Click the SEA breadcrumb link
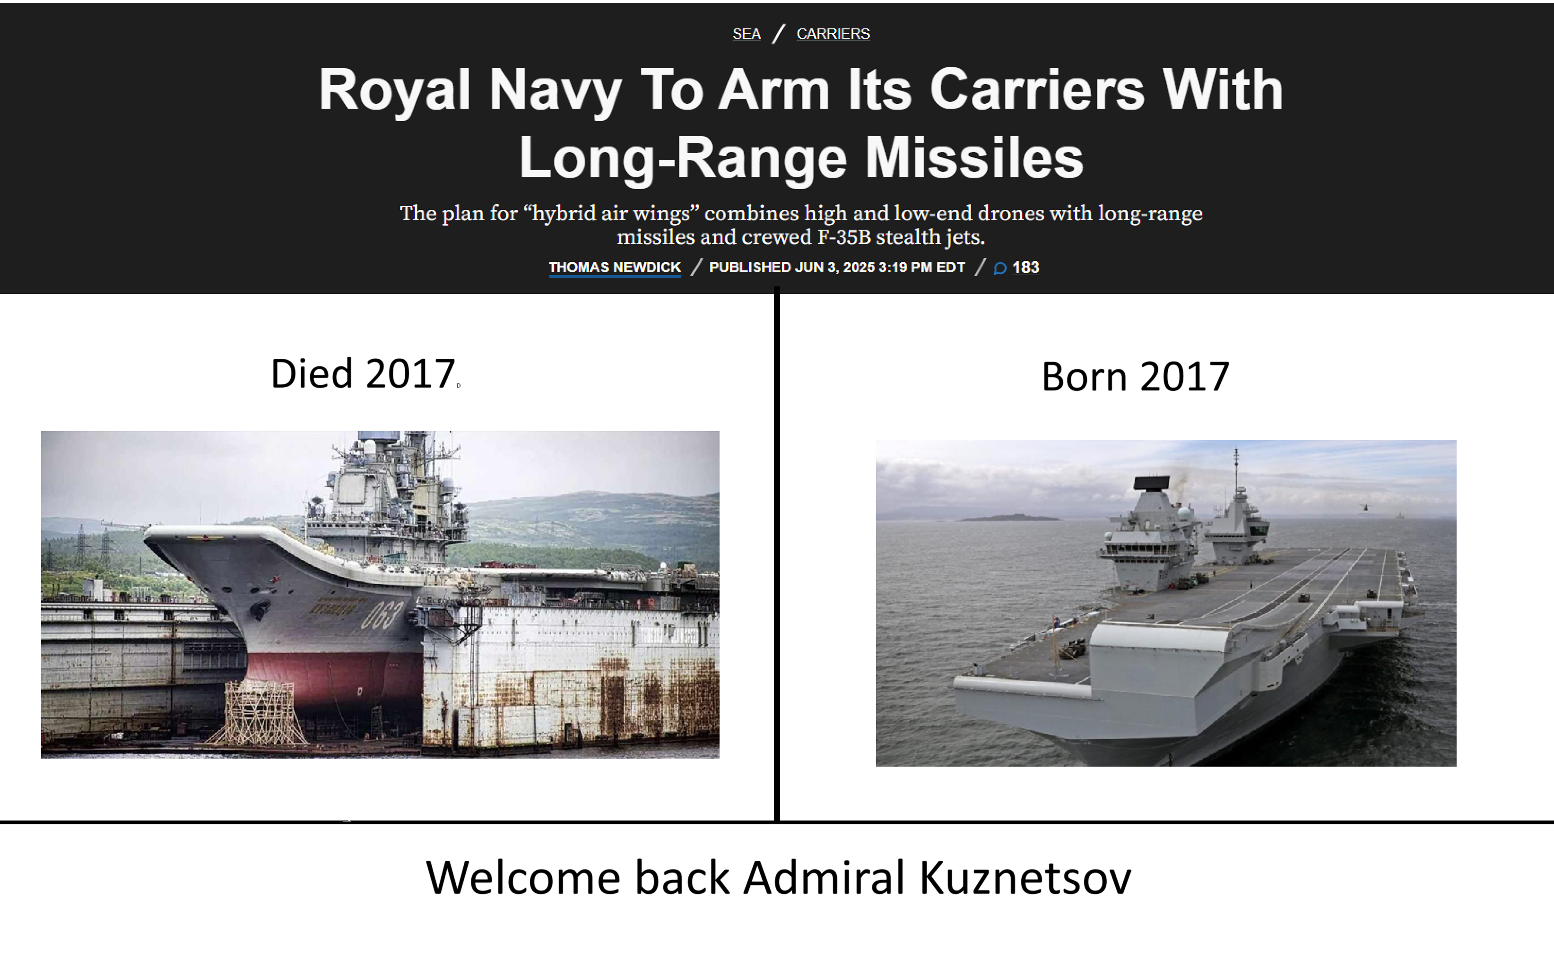(x=747, y=34)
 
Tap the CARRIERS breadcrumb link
(x=833, y=34)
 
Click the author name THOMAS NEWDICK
(x=615, y=267)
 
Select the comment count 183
(x=1025, y=267)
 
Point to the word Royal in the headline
(x=394, y=91)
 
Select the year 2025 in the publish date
(x=859, y=267)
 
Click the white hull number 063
(x=382, y=614)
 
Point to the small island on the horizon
(x=1008, y=518)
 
